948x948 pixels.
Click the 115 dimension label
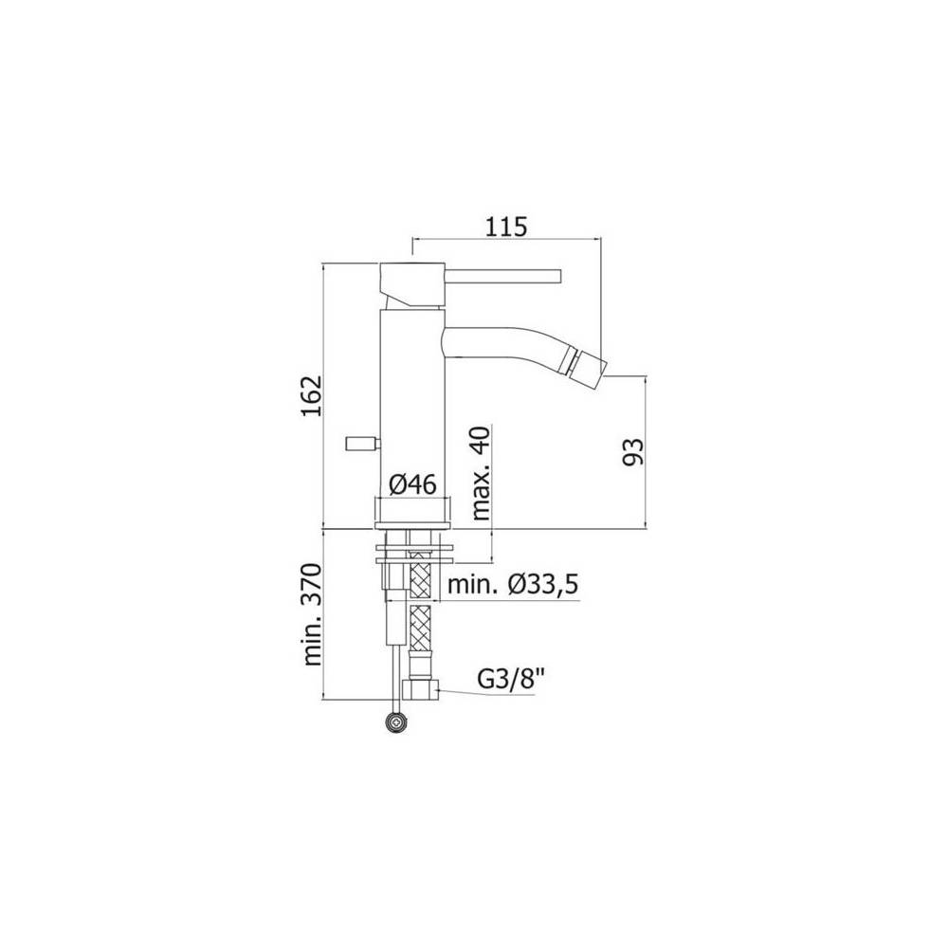(506, 227)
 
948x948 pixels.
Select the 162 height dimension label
(312, 396)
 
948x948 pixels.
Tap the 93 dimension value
(633, 451)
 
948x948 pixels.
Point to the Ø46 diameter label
(412, 483)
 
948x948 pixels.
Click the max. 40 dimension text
(482, 473)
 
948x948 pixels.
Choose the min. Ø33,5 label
(513, 584)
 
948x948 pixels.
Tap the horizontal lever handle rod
(504, 276)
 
